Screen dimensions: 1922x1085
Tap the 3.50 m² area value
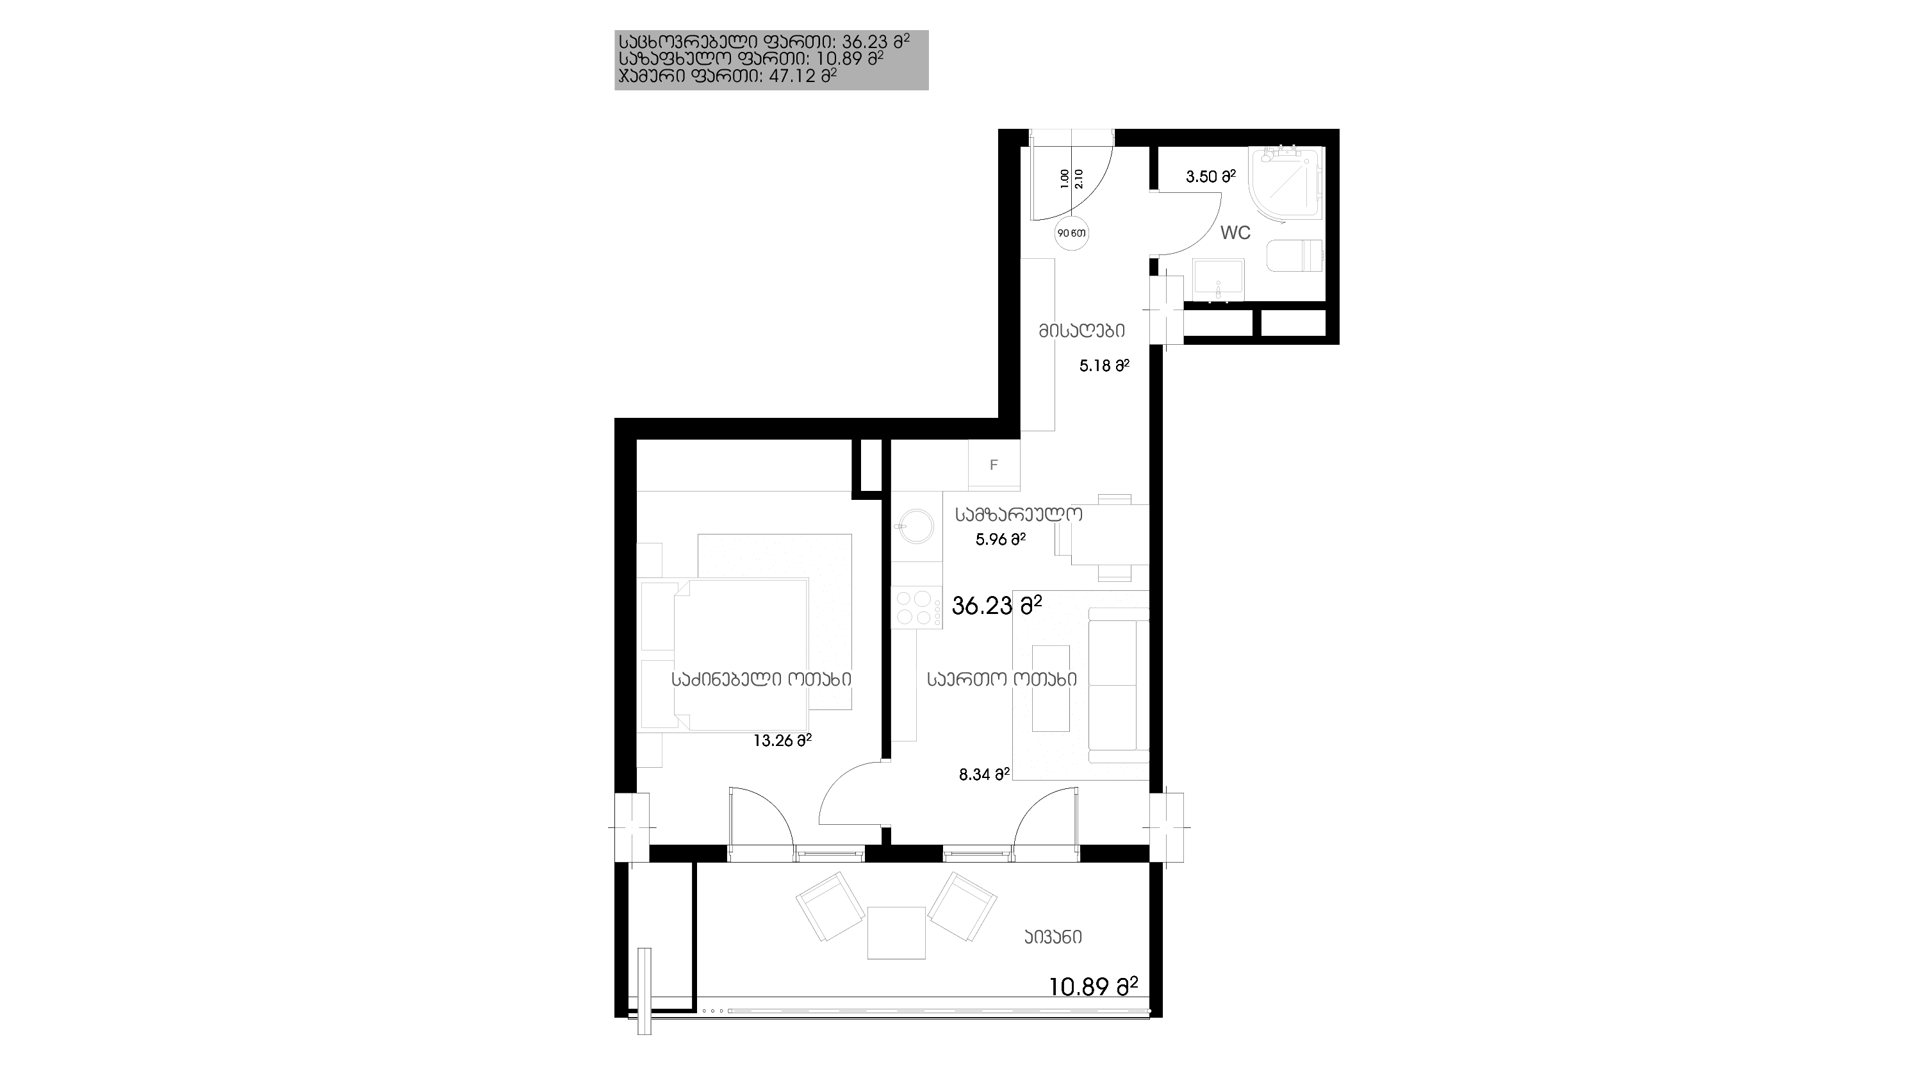1210,177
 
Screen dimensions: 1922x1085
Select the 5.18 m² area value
1105,366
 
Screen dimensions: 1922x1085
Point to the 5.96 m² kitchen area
1001,540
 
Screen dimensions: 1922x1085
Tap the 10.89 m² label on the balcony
1093,987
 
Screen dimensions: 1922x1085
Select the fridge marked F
994,465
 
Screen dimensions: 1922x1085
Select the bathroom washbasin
1219,280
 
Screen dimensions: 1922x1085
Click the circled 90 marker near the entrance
1071,233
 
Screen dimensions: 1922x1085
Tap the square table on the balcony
896,932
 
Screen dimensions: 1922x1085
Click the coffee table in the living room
1051,688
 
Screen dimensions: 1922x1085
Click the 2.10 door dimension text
1079,179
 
